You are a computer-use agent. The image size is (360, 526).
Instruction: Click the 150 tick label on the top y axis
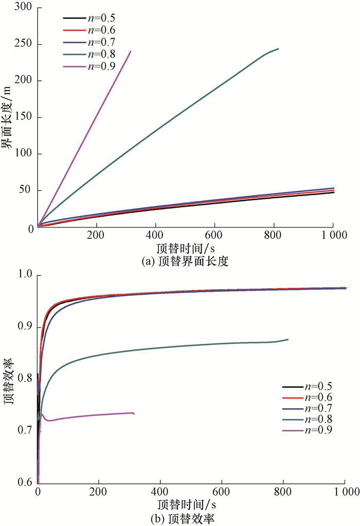click(x=23, y=117)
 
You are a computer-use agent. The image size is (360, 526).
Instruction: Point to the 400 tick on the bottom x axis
click(x=160, y=493)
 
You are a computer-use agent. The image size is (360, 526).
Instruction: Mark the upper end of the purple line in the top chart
click(x=131, y=51)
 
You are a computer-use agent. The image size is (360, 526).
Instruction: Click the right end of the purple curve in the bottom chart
click(x=134, y=414)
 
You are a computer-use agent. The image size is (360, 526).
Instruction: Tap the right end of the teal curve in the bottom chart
click(x=288, y=339)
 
